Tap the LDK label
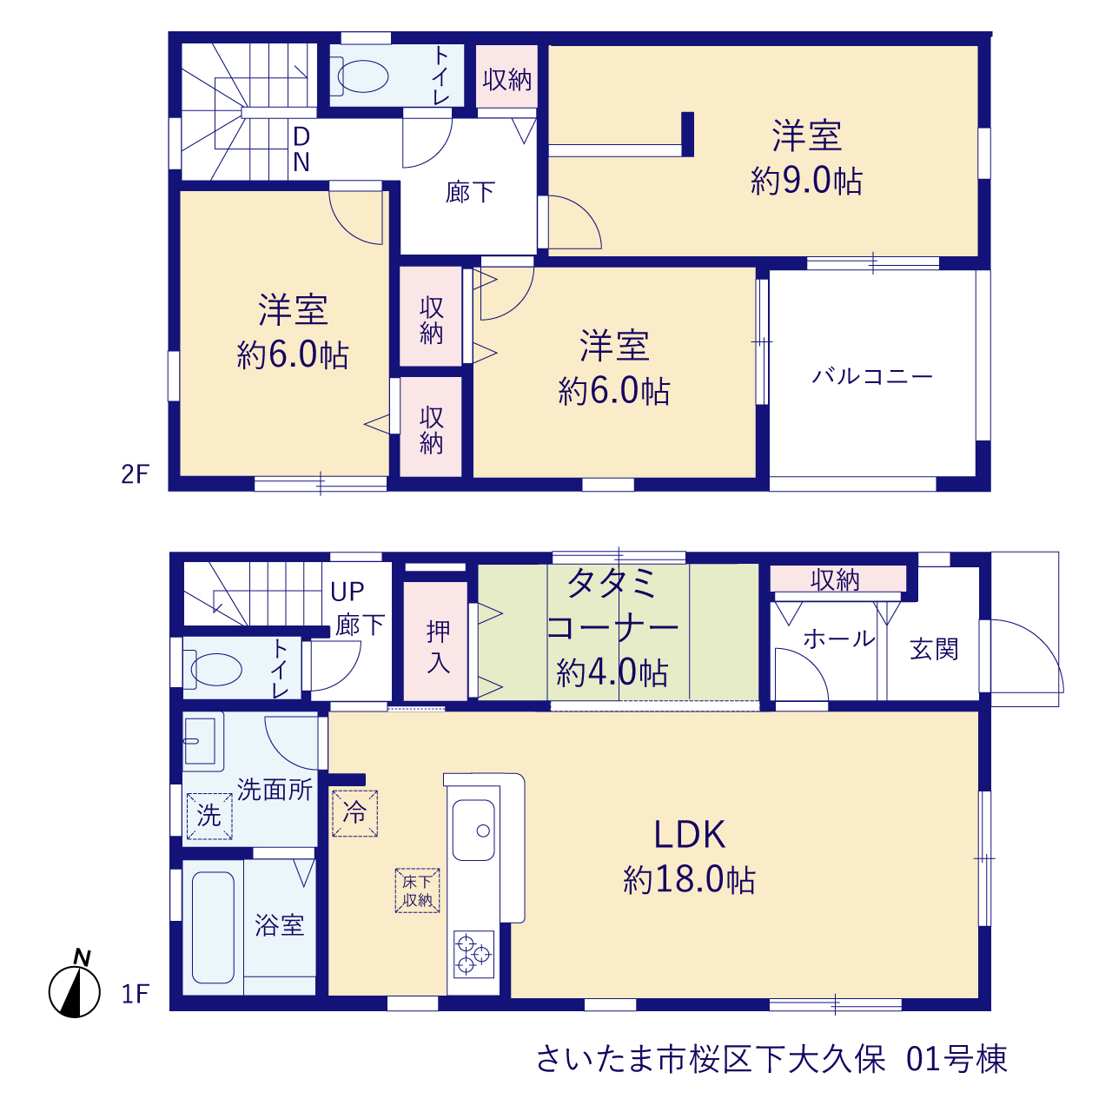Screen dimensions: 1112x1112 [x=689, y=834]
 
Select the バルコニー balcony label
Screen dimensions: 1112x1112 [x=872, y=377]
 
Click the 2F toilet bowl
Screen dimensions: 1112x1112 [x=363, y=76]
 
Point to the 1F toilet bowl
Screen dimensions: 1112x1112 [x=215, y=670]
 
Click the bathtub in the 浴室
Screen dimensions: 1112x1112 [x=213, y=927]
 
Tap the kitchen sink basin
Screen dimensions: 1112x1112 [x=473, y=831]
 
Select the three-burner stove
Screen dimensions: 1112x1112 [x=473, y=955]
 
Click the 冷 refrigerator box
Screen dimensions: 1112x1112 [x=355, y=813]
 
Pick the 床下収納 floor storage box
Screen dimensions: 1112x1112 [x=417, y=890]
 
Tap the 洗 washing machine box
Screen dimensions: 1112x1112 [x=209, y=816]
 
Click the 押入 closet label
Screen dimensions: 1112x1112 [x=438, y=647]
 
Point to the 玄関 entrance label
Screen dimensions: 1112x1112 [x=934, y=649]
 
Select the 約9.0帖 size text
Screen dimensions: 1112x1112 [x=806, y=182]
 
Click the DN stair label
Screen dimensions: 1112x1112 [x=301, y=149]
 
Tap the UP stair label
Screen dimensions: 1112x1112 [x=347, y=592]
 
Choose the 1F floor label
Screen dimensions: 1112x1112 [x=136, y=994]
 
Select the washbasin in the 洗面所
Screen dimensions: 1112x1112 [x=200, y=742]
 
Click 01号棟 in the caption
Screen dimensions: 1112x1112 [x=956, y=1059]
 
